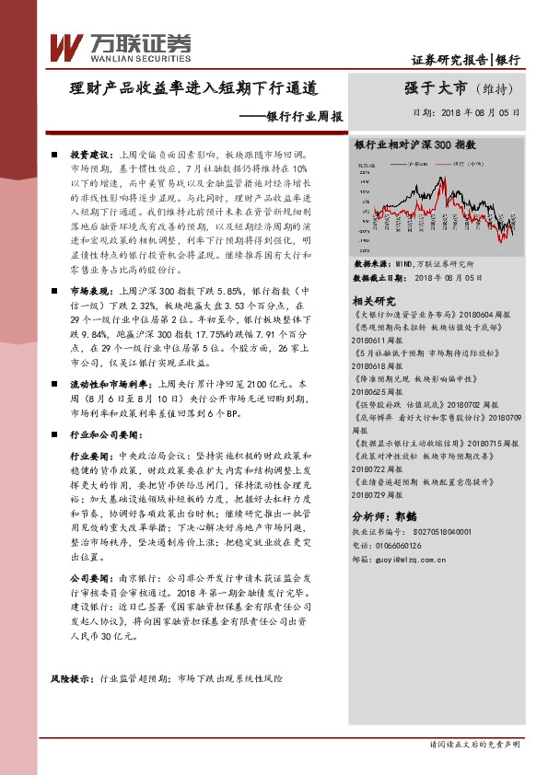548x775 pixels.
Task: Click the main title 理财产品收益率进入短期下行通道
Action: pyautogui.click(x=194, y=90)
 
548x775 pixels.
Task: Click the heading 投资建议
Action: pyautogui.click(x=89, y=155)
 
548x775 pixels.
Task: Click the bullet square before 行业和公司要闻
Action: pyautogui.click(x=55, y=433)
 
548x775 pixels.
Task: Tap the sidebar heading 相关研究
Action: pyautogui.click(x=374, y=300)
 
